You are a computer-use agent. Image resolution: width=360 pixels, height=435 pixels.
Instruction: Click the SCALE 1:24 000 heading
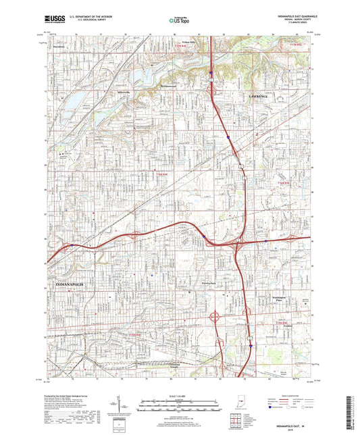point(180,396)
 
